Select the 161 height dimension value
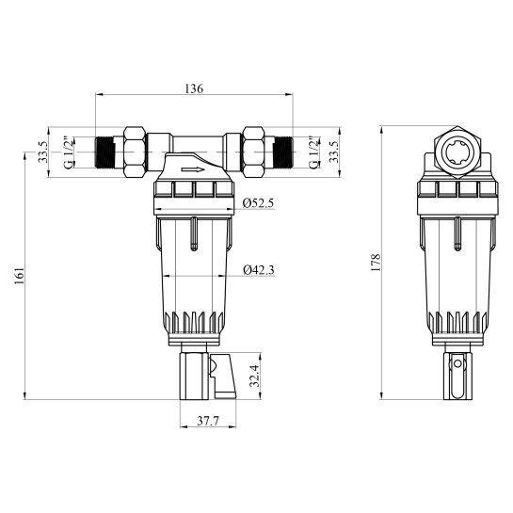tap(19, 274)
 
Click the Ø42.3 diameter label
tap(257, 270)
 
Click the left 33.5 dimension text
tap(42, 152)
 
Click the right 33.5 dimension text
tap(330, 152)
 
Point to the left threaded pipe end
tap(108, 152)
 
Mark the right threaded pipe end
tap(280, 152)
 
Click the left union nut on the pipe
tap(133, 150)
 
